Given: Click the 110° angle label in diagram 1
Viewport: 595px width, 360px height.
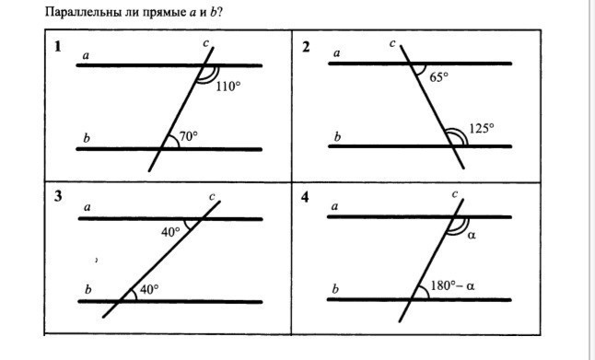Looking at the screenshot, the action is click(x=228, y=87).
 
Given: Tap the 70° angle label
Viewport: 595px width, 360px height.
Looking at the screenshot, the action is click(x=189, y=136).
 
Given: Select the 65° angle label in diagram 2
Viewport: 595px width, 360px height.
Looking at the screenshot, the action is click(x=438, y=77).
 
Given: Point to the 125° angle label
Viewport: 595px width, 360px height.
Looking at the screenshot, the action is click(x=482, y=128).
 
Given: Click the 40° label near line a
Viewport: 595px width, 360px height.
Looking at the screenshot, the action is click(x=170, y=232).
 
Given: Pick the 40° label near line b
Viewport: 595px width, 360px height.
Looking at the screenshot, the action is click(x=149, y=289).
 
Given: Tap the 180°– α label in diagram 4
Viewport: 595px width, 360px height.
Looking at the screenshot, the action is click(x=453, y=285).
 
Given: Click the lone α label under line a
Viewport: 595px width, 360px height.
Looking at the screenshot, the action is click(x=472, y=236).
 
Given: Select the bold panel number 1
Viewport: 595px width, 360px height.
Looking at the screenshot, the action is click(x=58, y=47).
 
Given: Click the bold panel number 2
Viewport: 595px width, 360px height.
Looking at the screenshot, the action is click(x=306, y=47).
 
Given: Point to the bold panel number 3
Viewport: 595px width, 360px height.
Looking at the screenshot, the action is click(x=58, y=196).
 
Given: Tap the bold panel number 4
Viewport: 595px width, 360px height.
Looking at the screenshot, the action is click(x=305, y=197).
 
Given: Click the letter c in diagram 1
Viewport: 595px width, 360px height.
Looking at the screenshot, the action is click(x=205, y=43).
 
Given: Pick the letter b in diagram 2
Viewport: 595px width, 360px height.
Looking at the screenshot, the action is click(x=337, y=136).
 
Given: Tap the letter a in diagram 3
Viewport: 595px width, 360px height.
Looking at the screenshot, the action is click(x=87, y=207).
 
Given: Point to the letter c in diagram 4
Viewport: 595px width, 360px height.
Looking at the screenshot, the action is click(x=455, y=194).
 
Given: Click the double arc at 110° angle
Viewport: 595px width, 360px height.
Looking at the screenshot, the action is click(x=209, y=76).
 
